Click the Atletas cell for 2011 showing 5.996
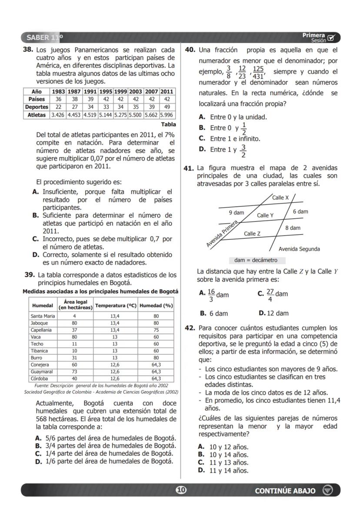pyautogui.click(x=167, y=115)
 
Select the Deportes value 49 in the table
pyautogui.click(x=167, y=107)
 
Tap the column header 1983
pyautogui.click(x=58, y=91)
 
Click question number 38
pyautogui.click(x=28, y=50)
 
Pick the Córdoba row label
pyautogui.click(x=40, y=379)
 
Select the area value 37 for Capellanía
pyautogui.click(x=74, y=330)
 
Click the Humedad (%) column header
pyautogui.click(x=156, y=305)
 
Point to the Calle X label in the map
pyautogui.click(x=280, y=198)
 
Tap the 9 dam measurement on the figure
pyautogui.click(x=237, y=213)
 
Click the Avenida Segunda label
pyautogui.click(x=299, y=249)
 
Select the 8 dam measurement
pyautogui.click(x=293, y=228)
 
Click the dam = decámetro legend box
pyautogui.click(x=257, y=260)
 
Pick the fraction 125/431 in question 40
pyautogui.click(x=258, y=72)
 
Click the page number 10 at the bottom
pyautogui.click(x=180, y=490)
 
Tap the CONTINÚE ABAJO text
pyautogui.click(x=285, y=491)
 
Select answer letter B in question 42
pyautogui.click(x=201, y=455)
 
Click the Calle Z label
pyautogui.click(x=252, y=234)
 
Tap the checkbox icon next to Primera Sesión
pyautogui.click(x=332, y=37)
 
